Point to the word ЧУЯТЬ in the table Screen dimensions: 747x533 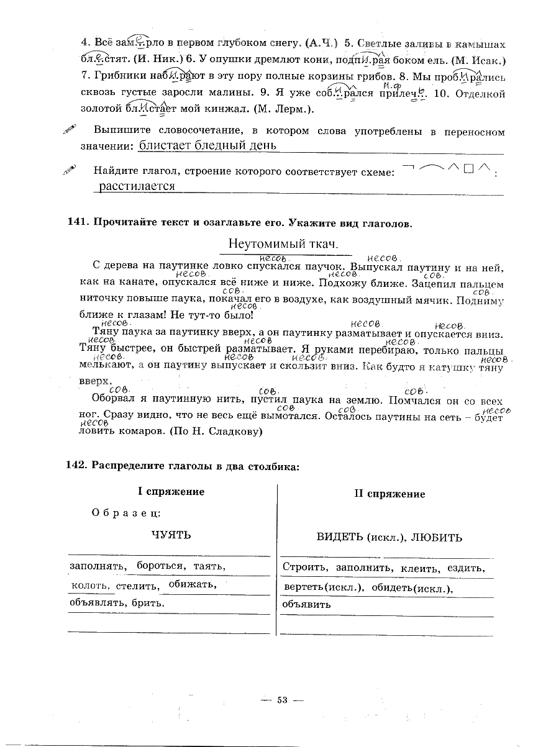(x=171, y=535)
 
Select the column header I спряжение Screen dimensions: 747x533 (x=171, y=492)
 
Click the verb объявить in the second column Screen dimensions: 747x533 (x=306, y=604)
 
